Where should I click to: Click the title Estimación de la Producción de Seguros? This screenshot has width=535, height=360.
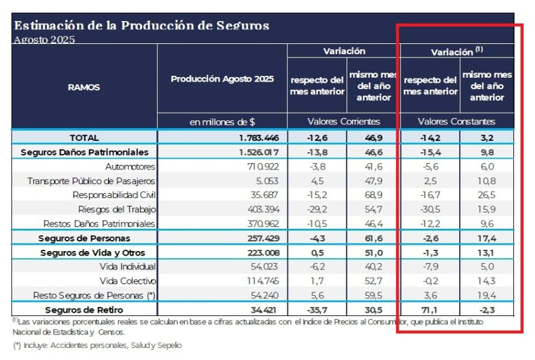tap(141, 26)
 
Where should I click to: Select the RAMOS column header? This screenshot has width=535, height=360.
tap(83, 88)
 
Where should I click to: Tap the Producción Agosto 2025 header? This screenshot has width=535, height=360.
tap(222, 79)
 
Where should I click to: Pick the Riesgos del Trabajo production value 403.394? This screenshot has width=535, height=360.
tap(262, 209)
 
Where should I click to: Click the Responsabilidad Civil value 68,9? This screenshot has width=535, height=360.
tap(374, 195)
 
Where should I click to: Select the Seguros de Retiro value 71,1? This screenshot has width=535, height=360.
tap(430, 310)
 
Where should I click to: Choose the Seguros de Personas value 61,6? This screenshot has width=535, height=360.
tap(374, 238)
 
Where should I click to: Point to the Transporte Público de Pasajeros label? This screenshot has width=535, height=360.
tap(91, 180)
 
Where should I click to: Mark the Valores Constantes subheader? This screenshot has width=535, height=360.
tap(456, 121)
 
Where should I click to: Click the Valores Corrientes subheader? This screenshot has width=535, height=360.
tap(343, 121)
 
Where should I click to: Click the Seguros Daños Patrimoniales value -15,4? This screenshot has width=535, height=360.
tap(430, 152)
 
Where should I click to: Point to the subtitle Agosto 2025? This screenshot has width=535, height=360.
tap(44, 40)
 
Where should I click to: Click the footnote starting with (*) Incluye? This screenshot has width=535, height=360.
tap(97, 345)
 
